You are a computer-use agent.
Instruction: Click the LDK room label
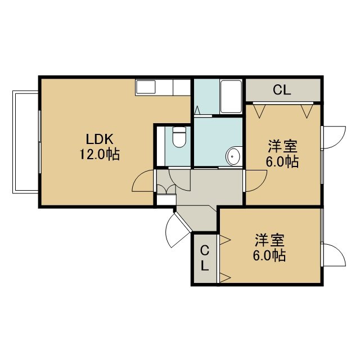click(x=100, y=139)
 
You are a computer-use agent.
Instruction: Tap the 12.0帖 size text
click(x=100, y=154)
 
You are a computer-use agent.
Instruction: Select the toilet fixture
click(x=179, y=137)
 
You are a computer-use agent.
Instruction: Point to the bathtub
click(x=231, y=96)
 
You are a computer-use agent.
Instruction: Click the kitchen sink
click(x=146, y=87)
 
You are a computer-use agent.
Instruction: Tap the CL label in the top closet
click(x=282, y=90)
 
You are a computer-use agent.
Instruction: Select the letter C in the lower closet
click(x=205, y=250)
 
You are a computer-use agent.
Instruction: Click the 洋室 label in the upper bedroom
click(x=282, y=146)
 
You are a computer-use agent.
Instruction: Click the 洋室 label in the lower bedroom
click(x=269, y=240)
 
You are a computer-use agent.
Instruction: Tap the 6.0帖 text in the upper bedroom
click(x=282, y=161)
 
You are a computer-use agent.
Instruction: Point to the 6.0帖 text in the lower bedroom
click(x=269, y=255)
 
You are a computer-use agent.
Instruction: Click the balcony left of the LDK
click(x=25, y=142)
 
